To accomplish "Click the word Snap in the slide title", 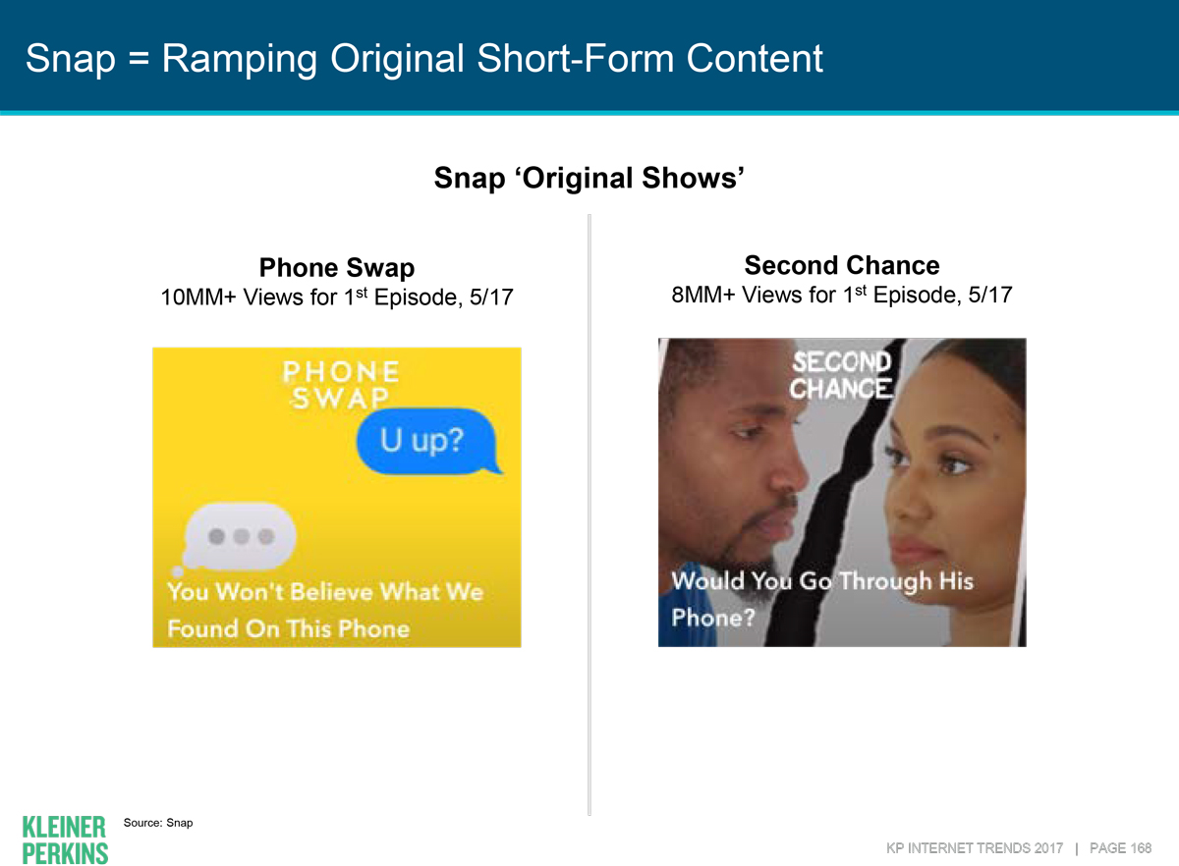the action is (71, 60).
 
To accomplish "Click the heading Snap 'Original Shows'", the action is (589, 178).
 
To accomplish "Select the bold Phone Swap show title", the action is (337, 268).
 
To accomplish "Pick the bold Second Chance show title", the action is (842, 265).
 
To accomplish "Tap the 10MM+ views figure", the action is (198, 298).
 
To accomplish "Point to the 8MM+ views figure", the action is (702, 296).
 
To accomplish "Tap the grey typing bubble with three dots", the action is (238, 538).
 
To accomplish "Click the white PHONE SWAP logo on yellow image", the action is (341, 385).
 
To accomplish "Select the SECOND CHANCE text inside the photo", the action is (841, 375).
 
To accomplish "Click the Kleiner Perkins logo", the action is (65, 839).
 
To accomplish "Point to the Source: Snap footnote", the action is (158, 823).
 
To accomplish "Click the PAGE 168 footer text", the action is (1120, 848).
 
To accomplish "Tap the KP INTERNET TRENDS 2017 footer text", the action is (975, 848).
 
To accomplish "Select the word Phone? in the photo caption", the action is (713, 618).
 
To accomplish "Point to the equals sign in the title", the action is (139, 58).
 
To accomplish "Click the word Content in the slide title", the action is (755, 59).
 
